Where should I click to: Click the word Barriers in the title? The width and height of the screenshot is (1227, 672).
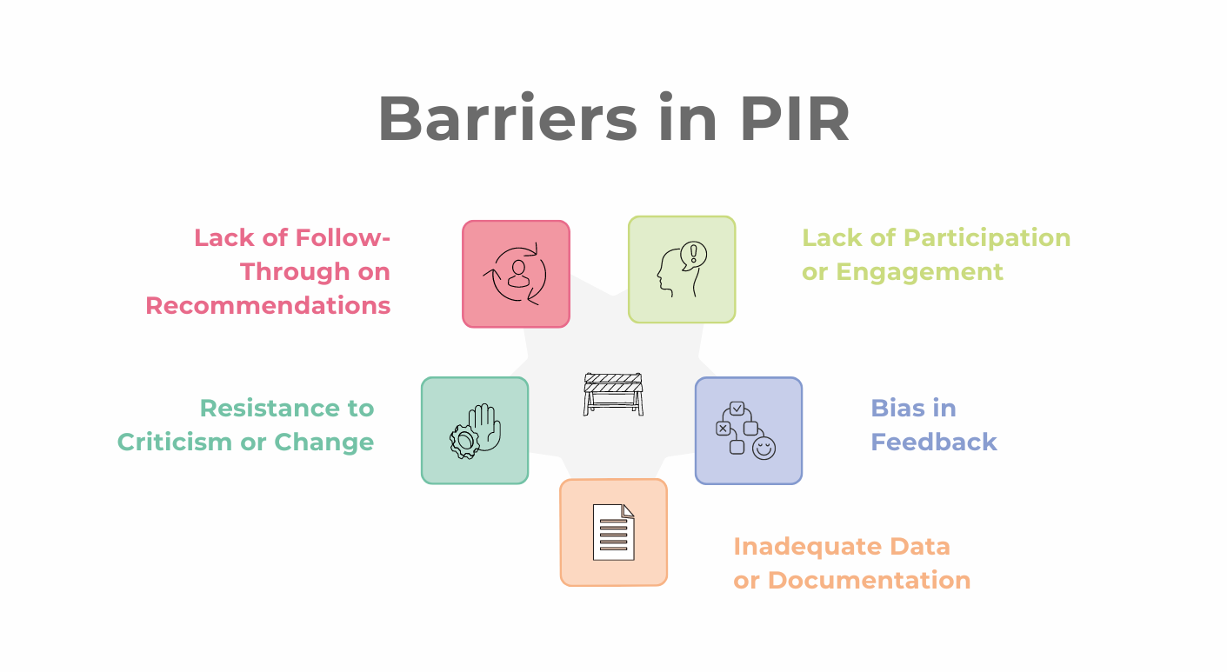507,118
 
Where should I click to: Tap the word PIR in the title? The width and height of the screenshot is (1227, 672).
795,119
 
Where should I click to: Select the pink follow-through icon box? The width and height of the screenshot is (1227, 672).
516,274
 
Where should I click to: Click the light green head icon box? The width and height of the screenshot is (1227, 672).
682,269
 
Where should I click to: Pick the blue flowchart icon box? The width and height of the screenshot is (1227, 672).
749,430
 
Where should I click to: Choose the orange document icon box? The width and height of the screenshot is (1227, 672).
614,532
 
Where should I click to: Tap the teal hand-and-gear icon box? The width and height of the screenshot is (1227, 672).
475,430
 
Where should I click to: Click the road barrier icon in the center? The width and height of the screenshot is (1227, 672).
614,395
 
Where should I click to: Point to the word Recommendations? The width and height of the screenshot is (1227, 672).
268,306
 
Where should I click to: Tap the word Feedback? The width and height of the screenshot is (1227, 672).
934,442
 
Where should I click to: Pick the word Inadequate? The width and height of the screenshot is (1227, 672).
807,547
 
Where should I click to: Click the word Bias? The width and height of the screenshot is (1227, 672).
896,408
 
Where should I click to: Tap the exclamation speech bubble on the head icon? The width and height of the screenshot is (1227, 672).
693,256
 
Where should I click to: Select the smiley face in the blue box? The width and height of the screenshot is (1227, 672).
764,448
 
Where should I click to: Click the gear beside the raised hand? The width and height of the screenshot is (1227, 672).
464,442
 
